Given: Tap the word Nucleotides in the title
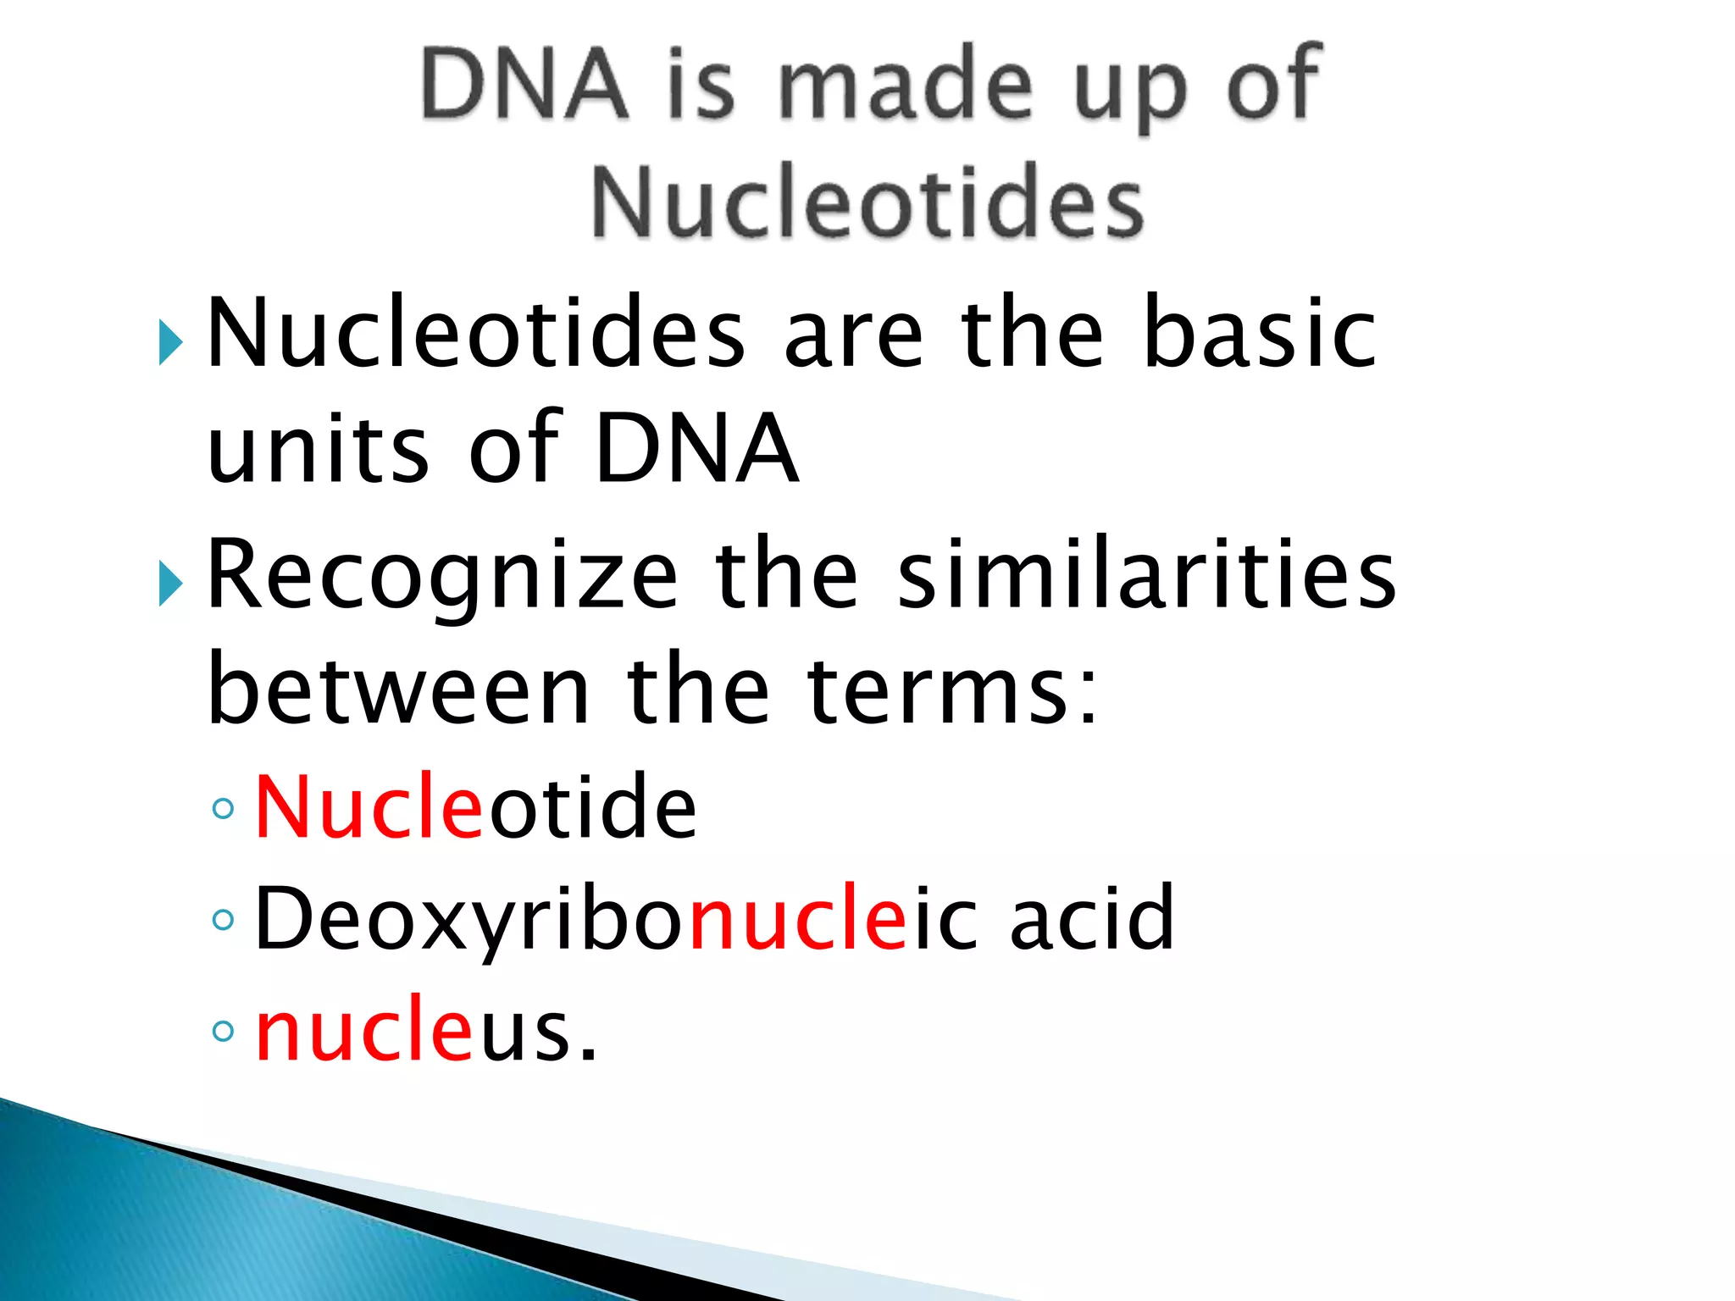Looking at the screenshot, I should (x=867, y=202).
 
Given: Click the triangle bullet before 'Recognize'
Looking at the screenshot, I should (x=170, y=584).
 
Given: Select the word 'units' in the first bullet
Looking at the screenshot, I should (x=318, y=449).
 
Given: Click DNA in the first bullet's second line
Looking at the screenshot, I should (x=696, y=449).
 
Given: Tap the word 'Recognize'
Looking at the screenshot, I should (x=442, y=576).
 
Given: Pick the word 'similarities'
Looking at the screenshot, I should (x=1146, y=576).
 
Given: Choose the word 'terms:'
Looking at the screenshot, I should (x=953, y=690).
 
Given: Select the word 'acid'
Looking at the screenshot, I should (x=1092, y=919).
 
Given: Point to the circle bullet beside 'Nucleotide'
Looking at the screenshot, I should (x=223, y=809).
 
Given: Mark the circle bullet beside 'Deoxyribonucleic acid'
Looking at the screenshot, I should (x=223, y=920).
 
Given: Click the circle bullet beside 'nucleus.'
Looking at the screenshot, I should (x=223, y=1031).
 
